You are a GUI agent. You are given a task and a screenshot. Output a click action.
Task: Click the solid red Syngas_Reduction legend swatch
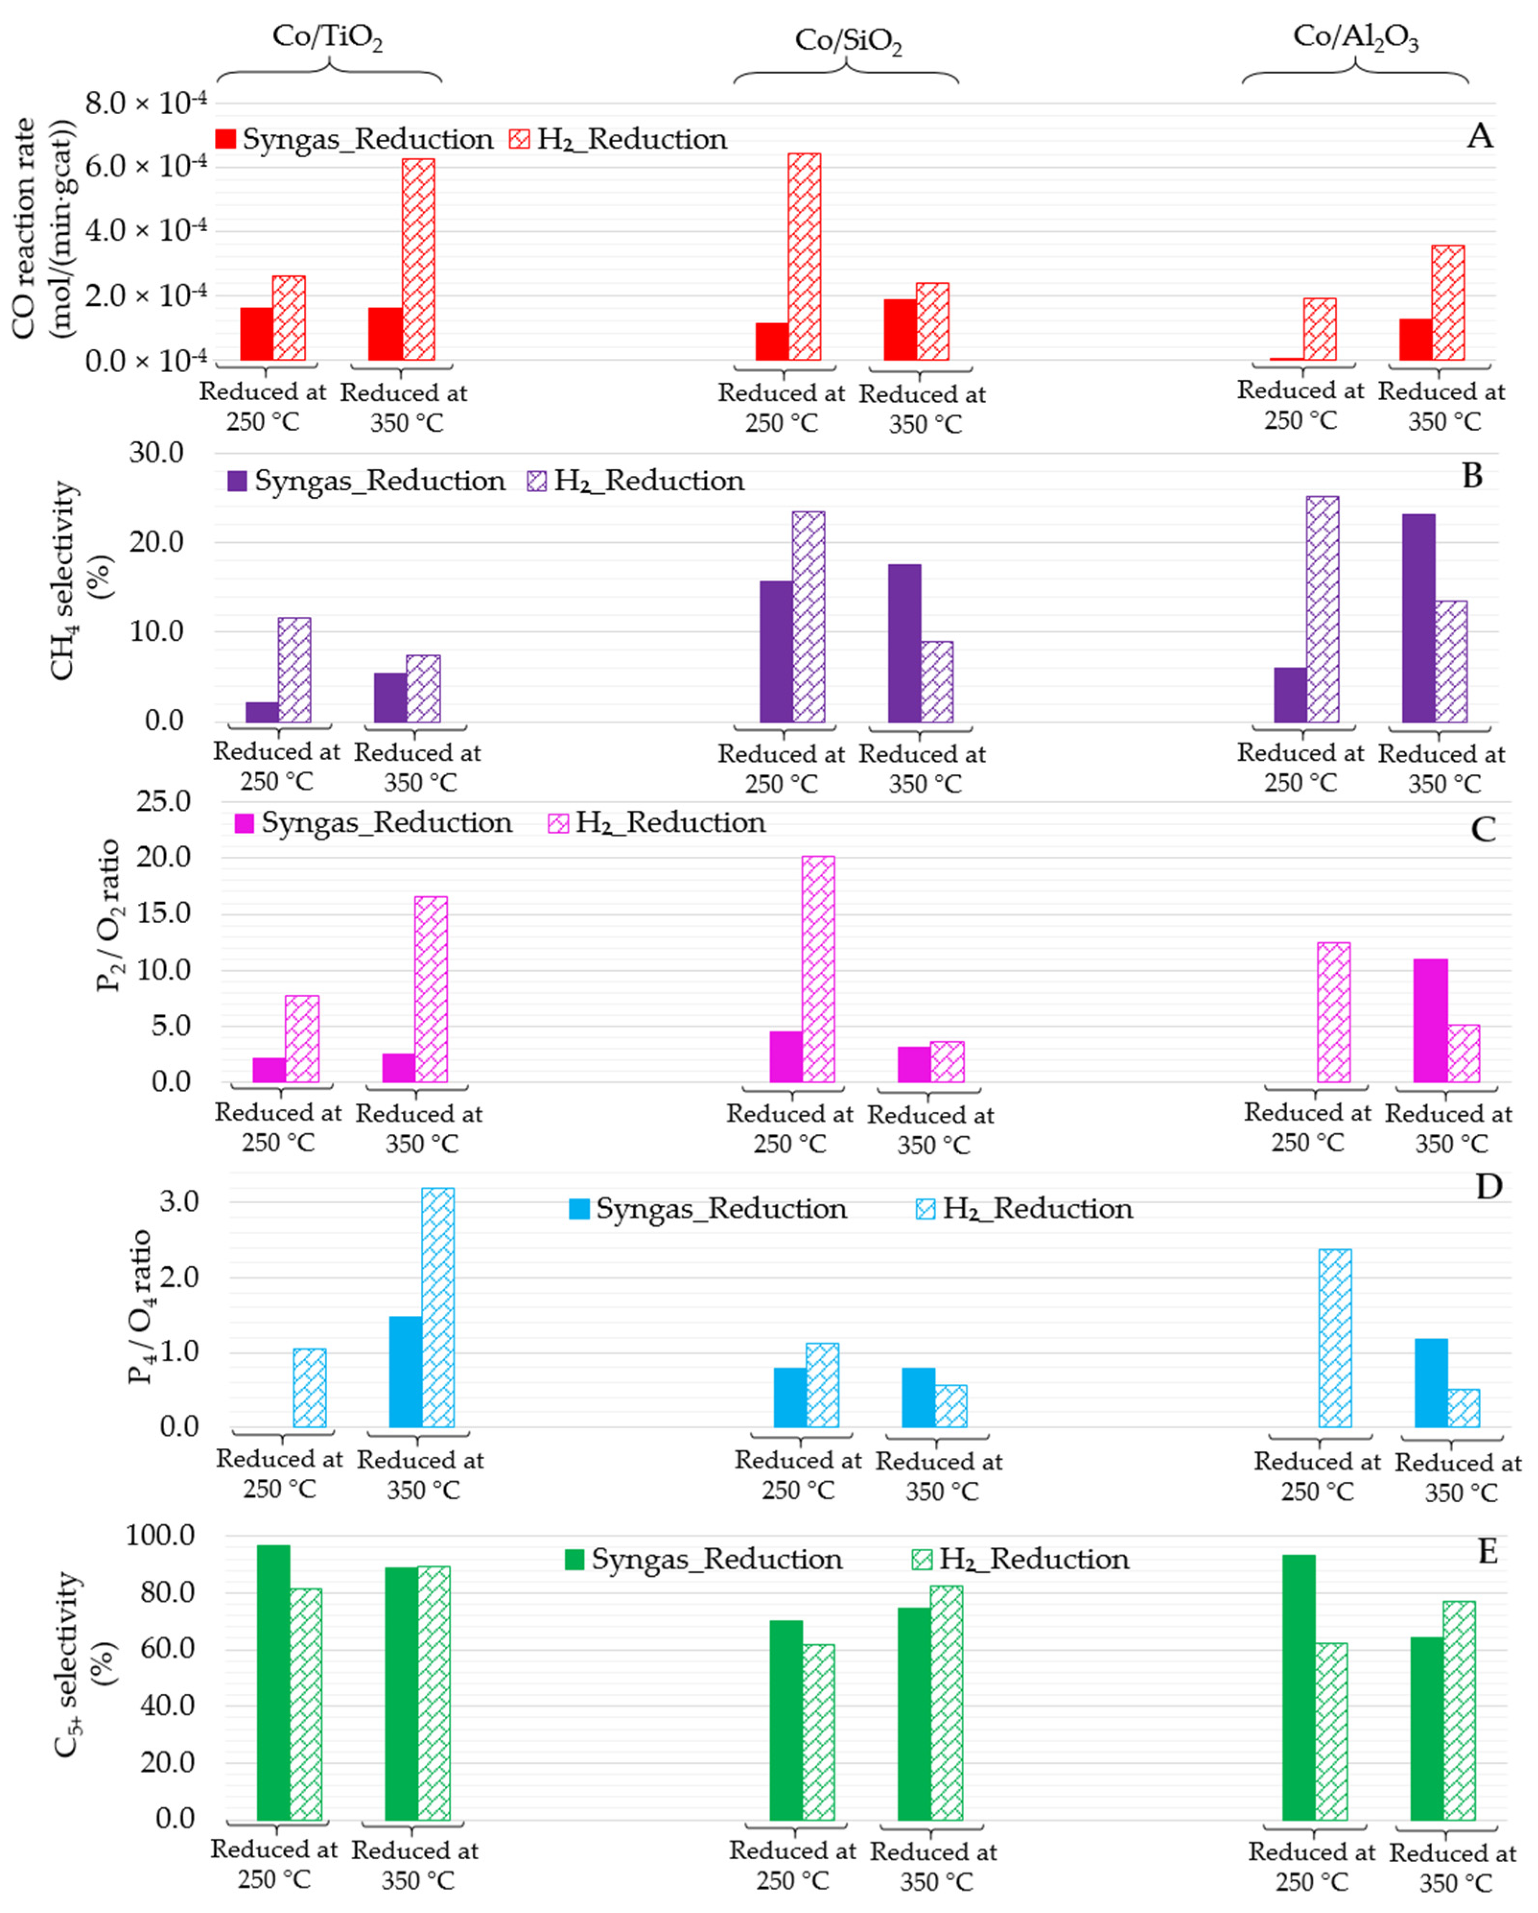tap(226, 139)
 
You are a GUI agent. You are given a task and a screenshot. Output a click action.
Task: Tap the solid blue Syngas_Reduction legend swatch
tap(579, 1208)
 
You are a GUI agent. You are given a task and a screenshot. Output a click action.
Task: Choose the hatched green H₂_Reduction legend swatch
tap(922, 1559)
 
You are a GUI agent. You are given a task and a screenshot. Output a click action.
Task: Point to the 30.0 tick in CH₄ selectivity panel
tap(156, 452)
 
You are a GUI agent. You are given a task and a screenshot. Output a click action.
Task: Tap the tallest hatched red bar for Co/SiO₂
tap(804, 257)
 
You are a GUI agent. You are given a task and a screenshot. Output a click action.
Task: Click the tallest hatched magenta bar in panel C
tap(818, 969)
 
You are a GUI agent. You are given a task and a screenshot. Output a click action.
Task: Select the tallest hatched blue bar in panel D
tap(438, 1307)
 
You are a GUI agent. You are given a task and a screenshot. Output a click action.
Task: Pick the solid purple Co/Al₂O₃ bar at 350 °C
tap(1418, 618)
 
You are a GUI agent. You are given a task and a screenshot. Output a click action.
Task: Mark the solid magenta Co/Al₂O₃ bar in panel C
tap(1430, 1020)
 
